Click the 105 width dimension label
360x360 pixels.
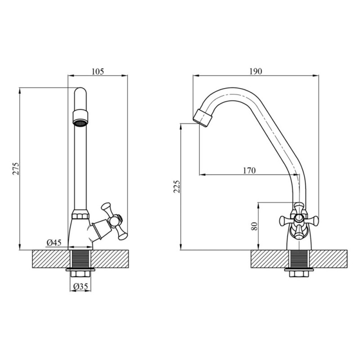[x=98, y=72]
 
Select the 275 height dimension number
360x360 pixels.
[x=16, y=169]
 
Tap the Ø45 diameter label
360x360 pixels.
[x=54, y=243]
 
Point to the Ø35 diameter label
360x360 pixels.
[x=81, y=286]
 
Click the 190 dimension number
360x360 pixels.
[x=256, y=72]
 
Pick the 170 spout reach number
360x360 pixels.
[x=249, y=171]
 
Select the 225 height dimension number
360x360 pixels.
[x=177, y=186]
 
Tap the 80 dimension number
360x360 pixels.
[x=254, y=226]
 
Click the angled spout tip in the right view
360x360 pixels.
[x=203, y=117]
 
